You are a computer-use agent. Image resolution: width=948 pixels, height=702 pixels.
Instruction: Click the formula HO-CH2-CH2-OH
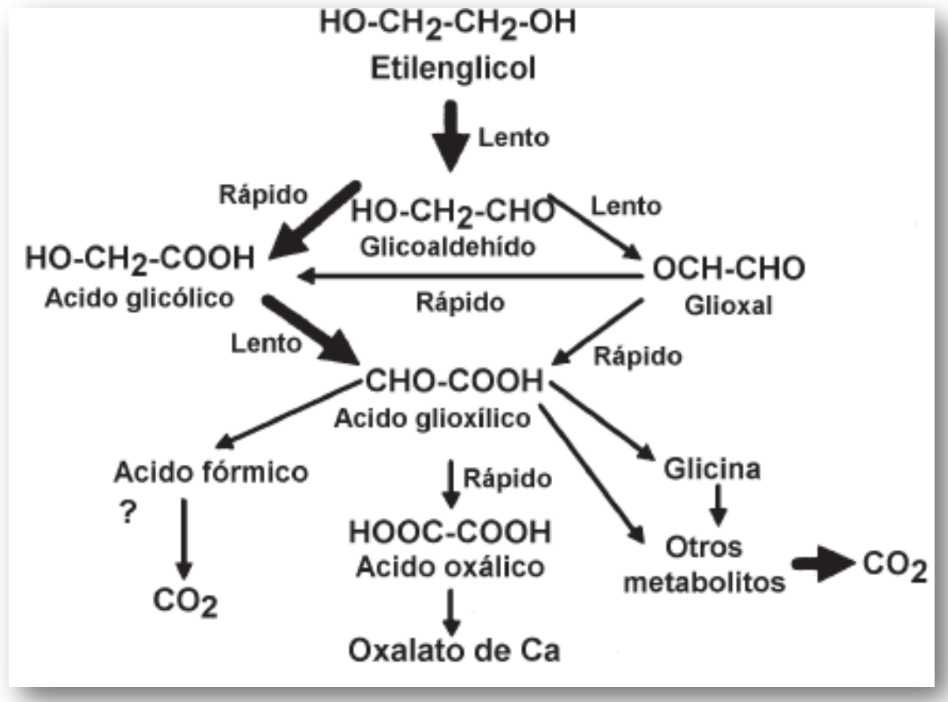point(447,24)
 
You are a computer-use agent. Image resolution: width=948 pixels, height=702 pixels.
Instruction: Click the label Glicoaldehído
point(448,246)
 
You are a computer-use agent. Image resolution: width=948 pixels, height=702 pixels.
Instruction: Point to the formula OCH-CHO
point(728,270)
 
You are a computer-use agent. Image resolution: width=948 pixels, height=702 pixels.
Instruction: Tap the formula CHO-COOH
point(453,383)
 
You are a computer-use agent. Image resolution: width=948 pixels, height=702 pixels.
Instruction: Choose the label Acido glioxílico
point(432,418)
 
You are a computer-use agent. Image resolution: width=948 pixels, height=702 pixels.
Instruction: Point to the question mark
point(126,513)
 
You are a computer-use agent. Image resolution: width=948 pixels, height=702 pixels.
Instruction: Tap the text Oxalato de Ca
point(454,652)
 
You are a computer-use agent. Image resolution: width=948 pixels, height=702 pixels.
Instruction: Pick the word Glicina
point(712,469)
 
